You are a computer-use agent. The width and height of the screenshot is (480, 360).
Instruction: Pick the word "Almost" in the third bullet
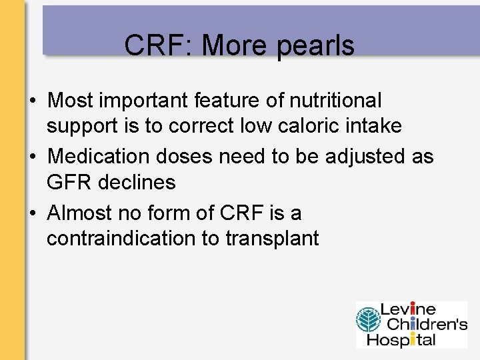[81, 213]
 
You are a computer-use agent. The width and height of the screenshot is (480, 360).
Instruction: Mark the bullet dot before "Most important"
[33, 101]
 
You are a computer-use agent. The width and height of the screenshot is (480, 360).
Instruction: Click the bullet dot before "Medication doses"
[33, 157]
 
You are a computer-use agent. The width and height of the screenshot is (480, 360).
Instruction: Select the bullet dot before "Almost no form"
[33, 214]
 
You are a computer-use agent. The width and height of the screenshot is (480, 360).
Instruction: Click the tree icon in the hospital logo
[367, 324]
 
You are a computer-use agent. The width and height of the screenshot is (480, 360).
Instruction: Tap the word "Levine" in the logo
[408, 310]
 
